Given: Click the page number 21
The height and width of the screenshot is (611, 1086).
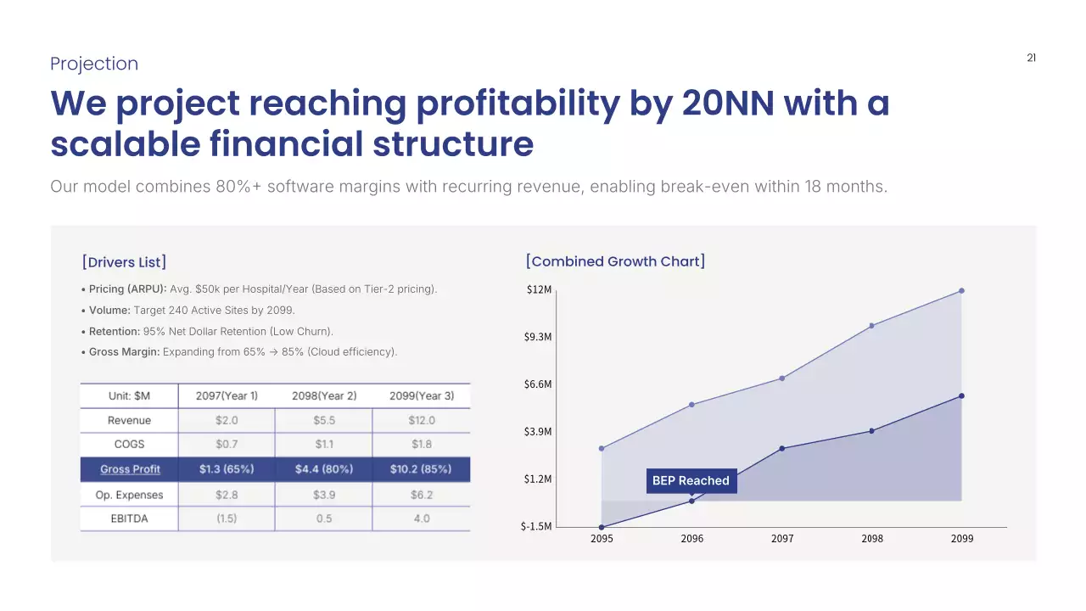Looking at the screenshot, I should click(x=1031, y=59).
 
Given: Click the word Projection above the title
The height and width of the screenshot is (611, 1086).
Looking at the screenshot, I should click(x=94, y=64).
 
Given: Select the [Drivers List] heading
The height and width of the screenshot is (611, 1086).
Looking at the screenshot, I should click(x=124, y=261).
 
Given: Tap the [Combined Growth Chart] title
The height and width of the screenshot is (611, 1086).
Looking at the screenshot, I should click(x=615, y=261).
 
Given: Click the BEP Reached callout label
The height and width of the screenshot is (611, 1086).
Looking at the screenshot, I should click(x=691, y=480).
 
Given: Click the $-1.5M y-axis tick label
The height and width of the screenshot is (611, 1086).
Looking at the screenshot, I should click(x=536, y=526).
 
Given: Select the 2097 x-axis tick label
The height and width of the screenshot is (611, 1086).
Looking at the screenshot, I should click(x=782, y=539).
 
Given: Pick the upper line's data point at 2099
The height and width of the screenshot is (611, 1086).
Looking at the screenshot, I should click(x=961, y=291).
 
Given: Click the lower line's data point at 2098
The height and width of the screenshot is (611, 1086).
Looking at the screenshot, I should click(x=871, y=431).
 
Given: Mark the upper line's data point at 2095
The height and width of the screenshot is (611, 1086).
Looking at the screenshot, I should click(x=602, y=448).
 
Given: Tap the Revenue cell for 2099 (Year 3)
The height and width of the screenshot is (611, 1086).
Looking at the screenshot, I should click(x=421, y=420).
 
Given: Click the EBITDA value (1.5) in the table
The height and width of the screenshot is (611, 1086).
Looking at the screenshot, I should click(x=227, y=519).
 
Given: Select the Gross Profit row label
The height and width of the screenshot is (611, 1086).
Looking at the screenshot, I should click(x=130, y=469).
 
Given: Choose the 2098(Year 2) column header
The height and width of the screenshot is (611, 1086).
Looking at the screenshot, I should click(x=324, y=395).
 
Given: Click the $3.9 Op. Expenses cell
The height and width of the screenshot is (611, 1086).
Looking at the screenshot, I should click(x=324, y=495).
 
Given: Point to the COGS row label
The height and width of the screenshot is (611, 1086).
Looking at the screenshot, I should click(x=129, y=444).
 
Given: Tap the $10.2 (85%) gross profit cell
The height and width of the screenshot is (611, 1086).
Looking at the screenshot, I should click(x=421, y=469).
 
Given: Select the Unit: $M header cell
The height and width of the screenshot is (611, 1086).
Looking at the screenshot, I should click(x=129, y=395).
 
